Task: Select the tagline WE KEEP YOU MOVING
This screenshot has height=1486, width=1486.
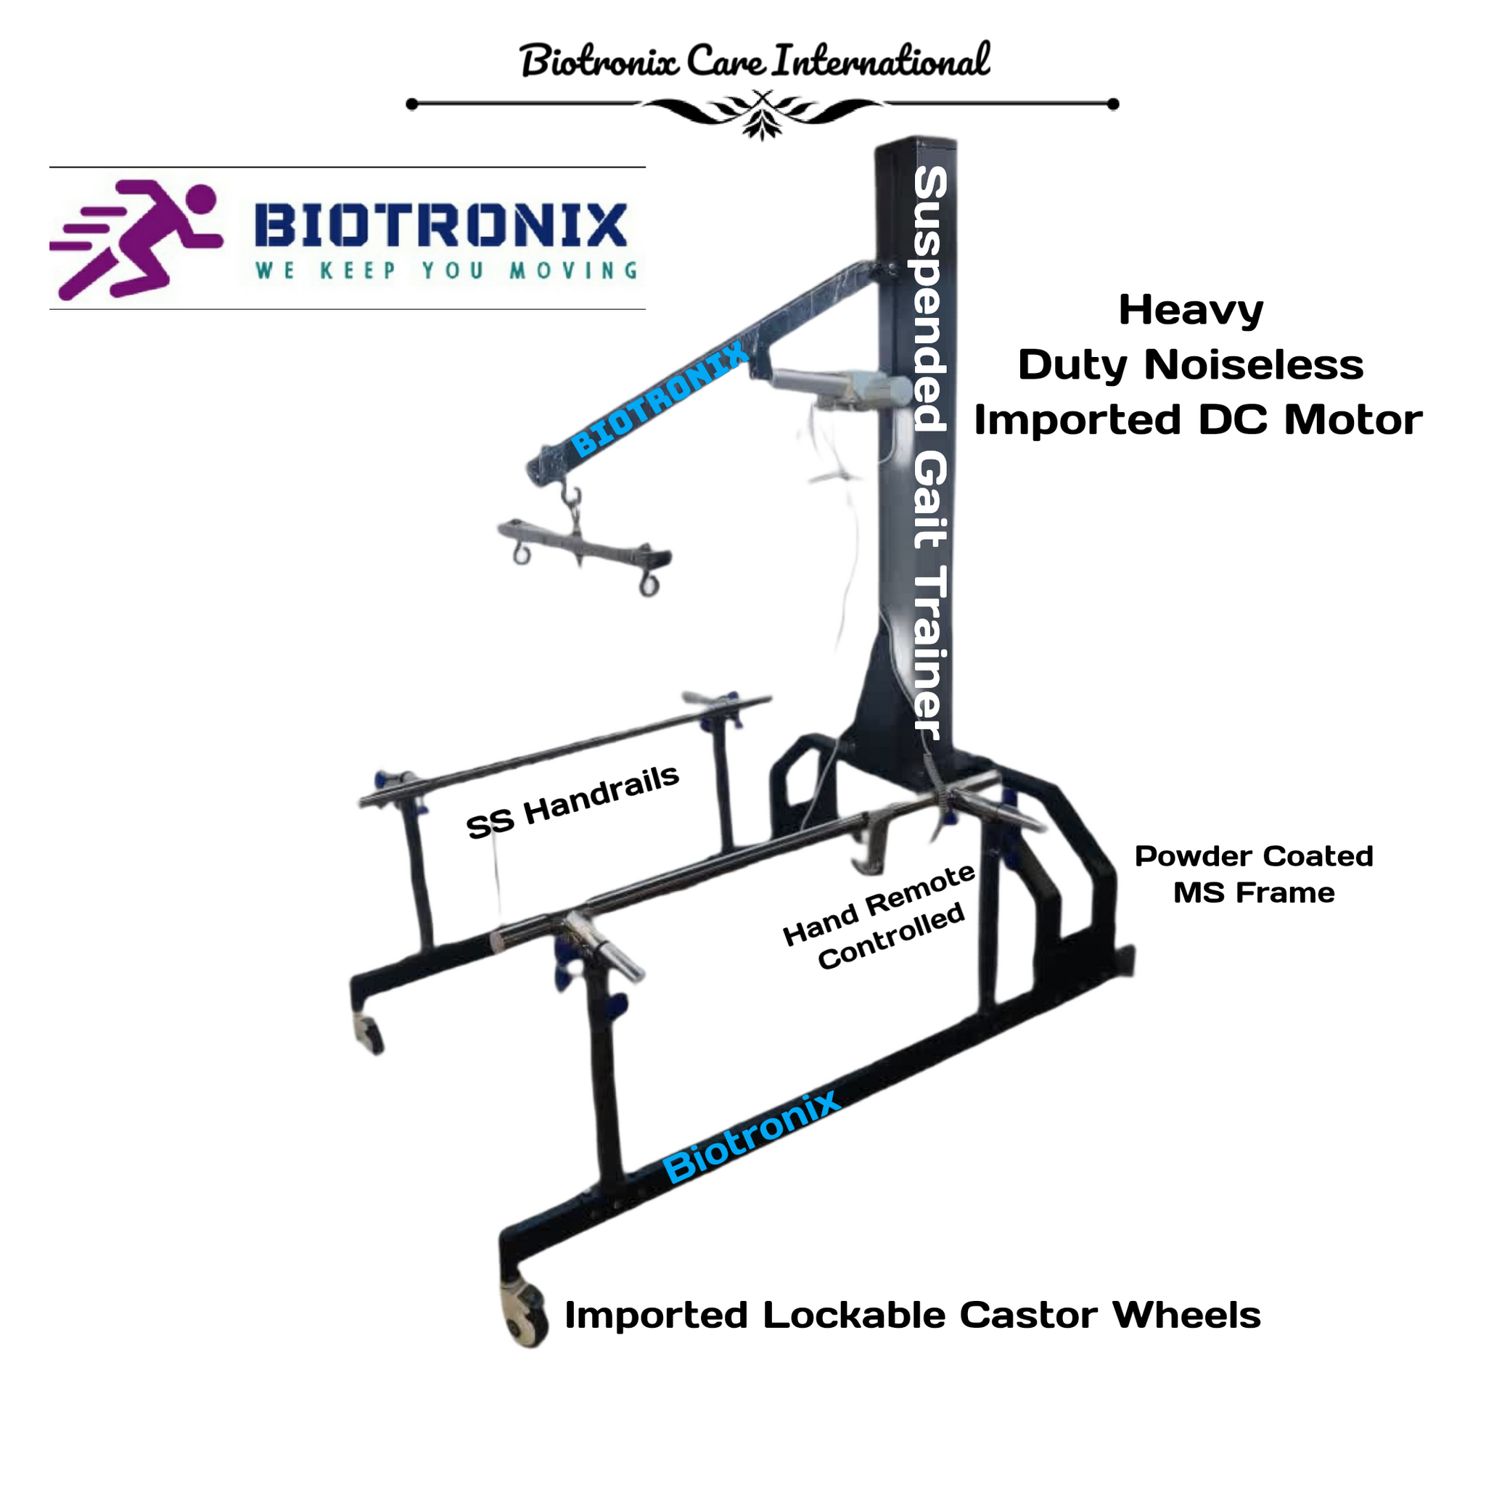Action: [447, 271]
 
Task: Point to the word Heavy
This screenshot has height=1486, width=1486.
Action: [1191, 311]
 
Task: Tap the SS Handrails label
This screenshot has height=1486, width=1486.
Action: [573, 802]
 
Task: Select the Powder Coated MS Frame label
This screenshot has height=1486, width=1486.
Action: [1254, 875]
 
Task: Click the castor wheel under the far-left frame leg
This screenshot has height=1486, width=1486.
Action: [369, 1033]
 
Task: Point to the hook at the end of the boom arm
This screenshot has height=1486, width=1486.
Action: [571, 492]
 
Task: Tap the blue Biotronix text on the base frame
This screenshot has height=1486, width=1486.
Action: [752, 1136]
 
